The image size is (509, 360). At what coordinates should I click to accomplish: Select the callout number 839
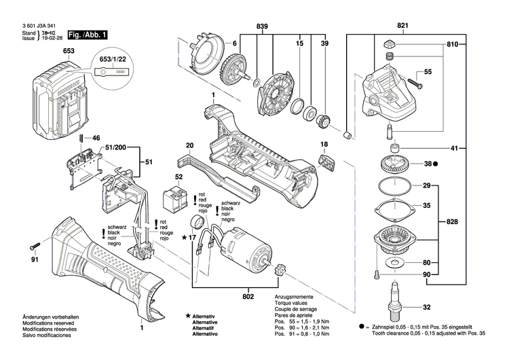pos(261,26)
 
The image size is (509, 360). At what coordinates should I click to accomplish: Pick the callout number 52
pos(179,177)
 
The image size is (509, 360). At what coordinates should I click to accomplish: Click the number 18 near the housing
pos(324,145)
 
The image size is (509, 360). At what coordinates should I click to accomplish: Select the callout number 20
pos(190,145)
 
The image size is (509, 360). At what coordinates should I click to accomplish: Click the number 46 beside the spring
pos(96,138)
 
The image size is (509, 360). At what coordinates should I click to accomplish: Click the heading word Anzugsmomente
pos(293,298)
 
